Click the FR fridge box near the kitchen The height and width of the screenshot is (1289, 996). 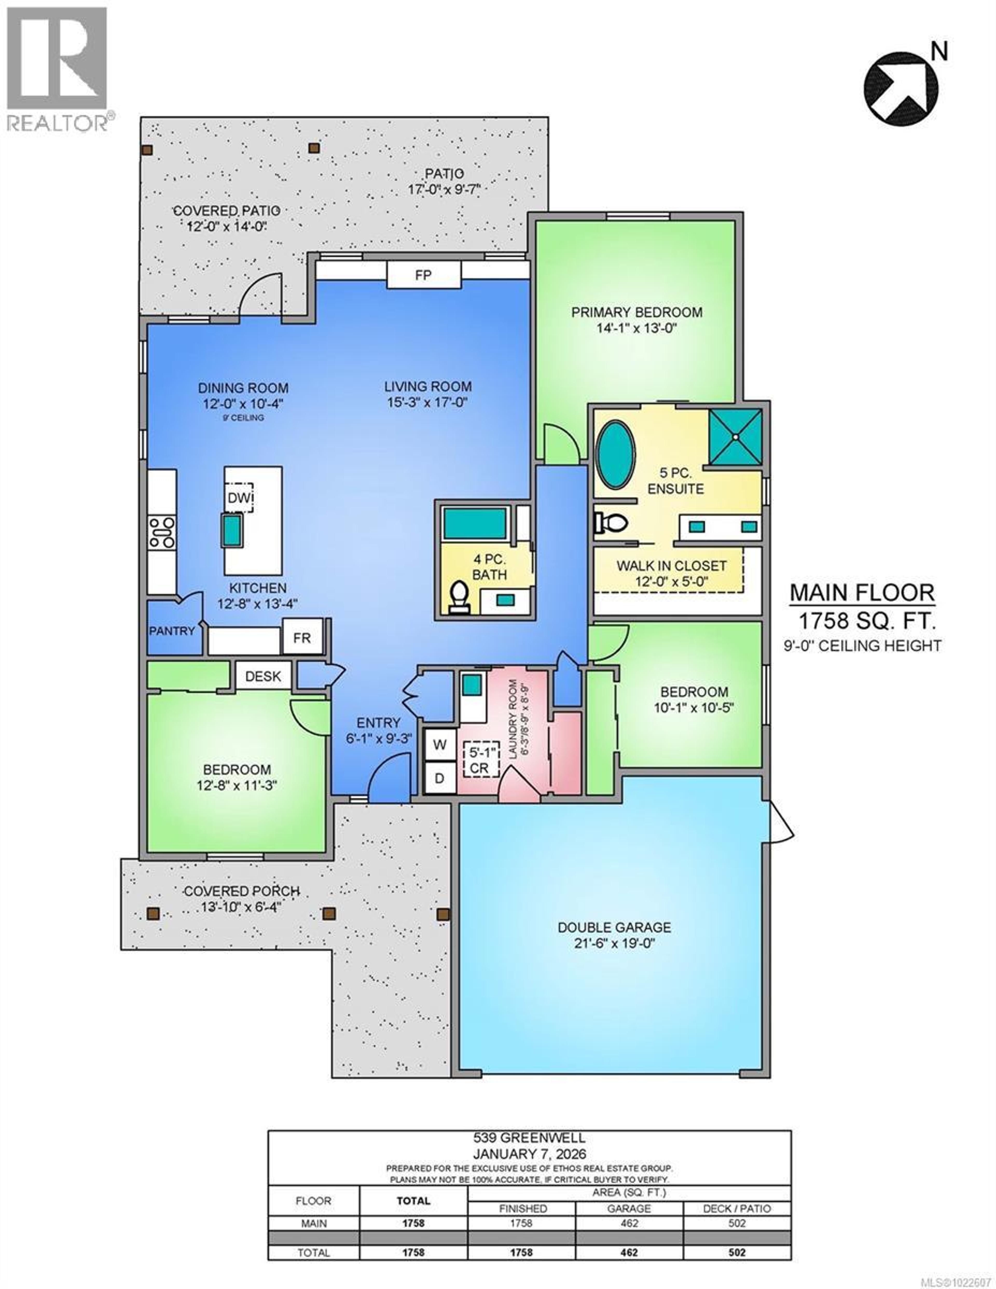coord(302,637)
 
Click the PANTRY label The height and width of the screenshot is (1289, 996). coord(172,631)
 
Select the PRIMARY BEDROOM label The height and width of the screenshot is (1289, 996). coord(637,312)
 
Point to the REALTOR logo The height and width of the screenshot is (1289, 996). coord(57,68)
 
